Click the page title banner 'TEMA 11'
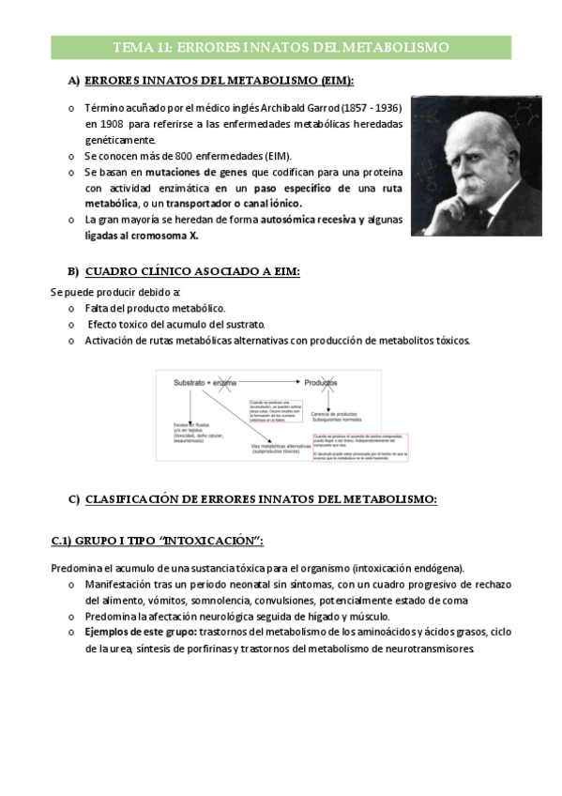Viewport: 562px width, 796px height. [x=281, y=47]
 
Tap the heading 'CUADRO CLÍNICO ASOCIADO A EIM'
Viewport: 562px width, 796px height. [x=192, y=272]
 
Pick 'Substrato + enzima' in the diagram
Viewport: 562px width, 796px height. [x=205, y=383]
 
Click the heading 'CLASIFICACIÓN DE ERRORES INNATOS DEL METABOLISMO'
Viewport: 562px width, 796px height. [x=261, y=499]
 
